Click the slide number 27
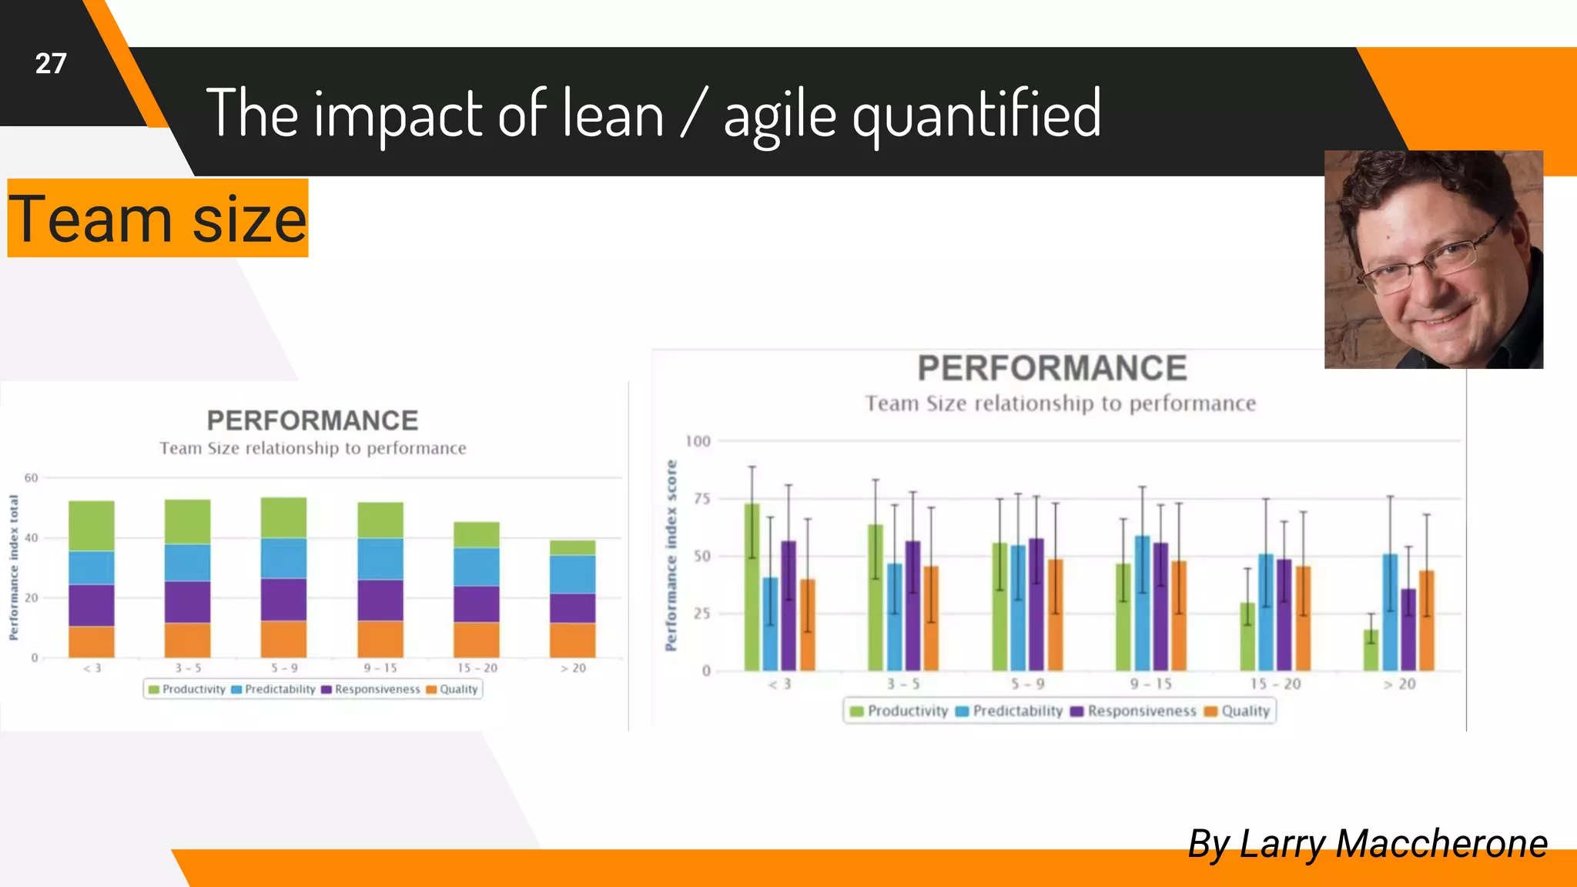[51, 63]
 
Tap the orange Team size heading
[157, 219]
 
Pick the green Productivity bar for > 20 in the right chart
[1371, 650]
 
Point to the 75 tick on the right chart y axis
[701, 499]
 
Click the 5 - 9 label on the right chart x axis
[1027, 684]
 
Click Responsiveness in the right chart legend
[1141, 711]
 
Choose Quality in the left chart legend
[458, 689]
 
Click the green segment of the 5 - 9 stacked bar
[283, 517]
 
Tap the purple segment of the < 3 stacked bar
[91, 605]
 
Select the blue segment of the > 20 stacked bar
[572, 574]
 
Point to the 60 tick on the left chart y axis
[31, 478]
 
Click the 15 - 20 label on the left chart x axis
[477, 668]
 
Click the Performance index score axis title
[671, 555]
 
